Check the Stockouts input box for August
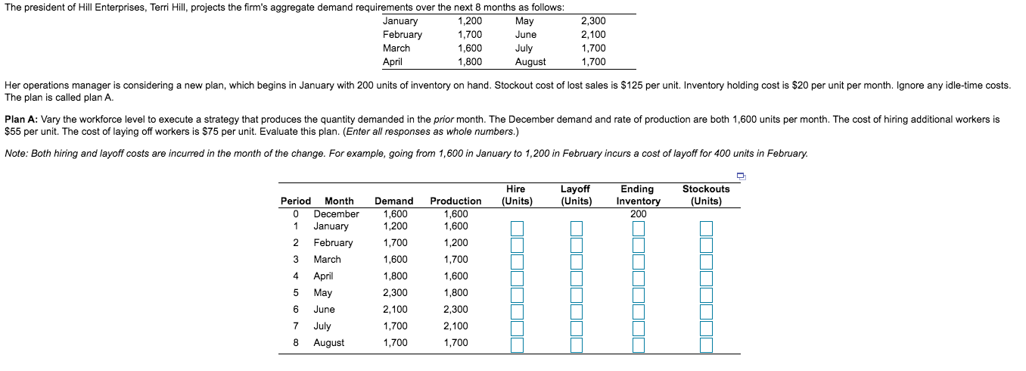pyautogui.click(x=706, y=344)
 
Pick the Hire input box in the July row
pyautogui.click(x=517, y=328)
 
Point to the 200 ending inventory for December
pyautogui.click(x=639, y=214)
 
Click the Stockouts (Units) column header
pyautogui.click(x=706, y=195)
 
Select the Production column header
pyautogui.click(x=455, y=201)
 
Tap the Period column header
pyautogui.click(x=295, y=201)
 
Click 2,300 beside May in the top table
pyautogui.click(x=593, y=21)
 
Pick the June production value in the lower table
pyautogui.click(x=455, y=309)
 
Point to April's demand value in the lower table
pyautogui.click(x=395, y=276)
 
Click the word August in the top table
pyautogui.click(x=530, y=62)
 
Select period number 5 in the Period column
pyautogui.click(x=297, y=292)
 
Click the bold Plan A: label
pyautogui.click(x=21, y=120)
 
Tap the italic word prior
pyautogui.click(x=446, y=120)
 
